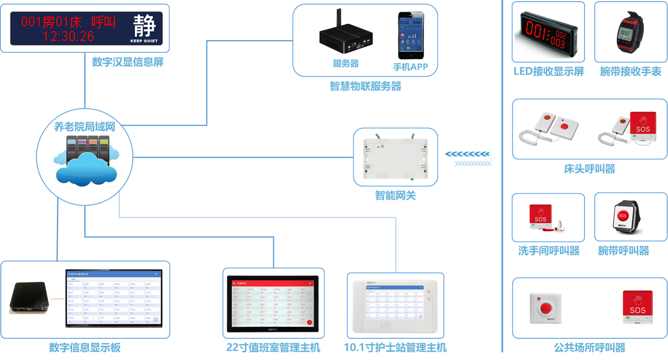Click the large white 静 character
coord(144,25)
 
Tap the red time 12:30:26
coord(68,36)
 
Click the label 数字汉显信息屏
coord(128,62)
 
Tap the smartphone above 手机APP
coord(410,36)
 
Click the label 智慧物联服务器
coord(365,86)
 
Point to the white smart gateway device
coord(395,158)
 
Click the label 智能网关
coord(395,196)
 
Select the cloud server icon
coord(86,159)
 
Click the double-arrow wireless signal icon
coord(468,159)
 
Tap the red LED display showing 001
coord(547,35)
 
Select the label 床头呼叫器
coord(589,169)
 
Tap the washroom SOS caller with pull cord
coord(545,218)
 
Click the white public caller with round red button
coord(545,308)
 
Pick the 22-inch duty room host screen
coord(273,303)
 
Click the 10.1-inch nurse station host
coord(395,306)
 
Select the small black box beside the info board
coord(29,298)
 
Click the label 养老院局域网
coord(85,127)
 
